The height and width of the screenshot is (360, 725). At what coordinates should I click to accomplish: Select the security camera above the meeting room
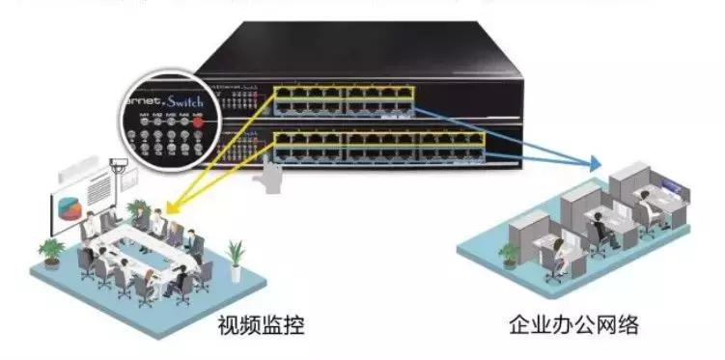(x=121, y=165)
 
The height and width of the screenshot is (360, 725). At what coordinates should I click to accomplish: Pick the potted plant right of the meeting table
(x=235, y=255)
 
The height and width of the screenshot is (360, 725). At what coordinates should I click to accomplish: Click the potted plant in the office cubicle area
(x=509, y=254)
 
